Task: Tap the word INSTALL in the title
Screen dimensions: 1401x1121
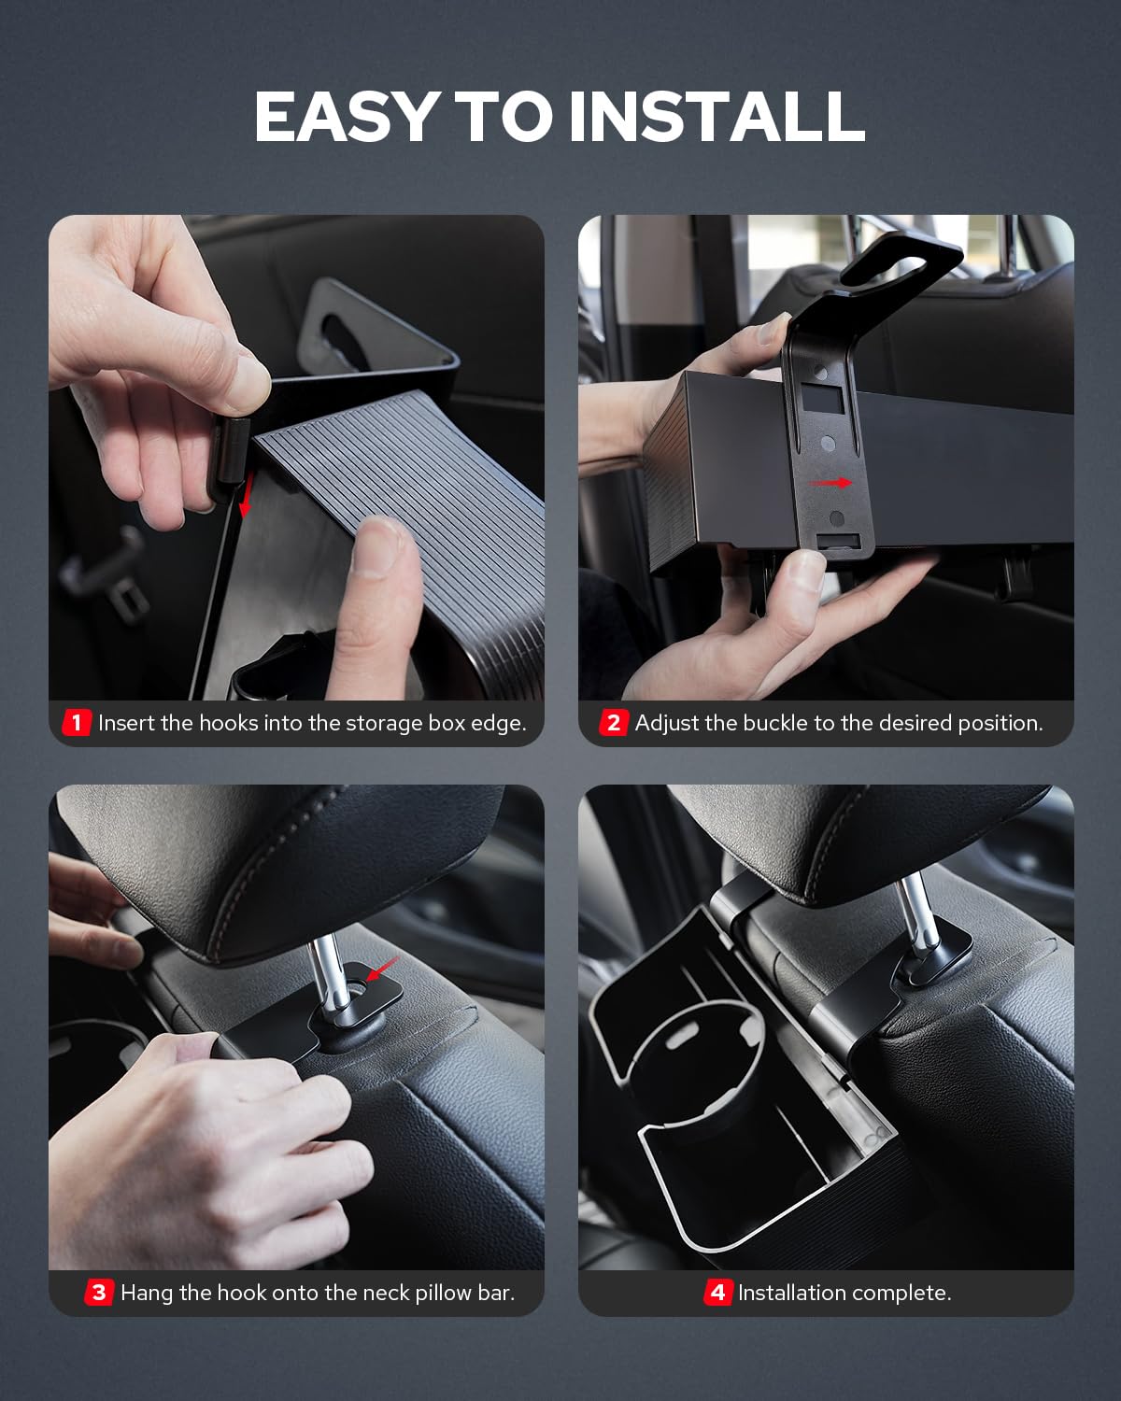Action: (717, 117)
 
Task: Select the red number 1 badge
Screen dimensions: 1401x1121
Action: (77, 723)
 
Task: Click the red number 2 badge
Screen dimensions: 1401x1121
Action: (613, 723)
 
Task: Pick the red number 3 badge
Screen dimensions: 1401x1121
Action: (99, 1293)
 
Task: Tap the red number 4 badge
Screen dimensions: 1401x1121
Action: (717, 1293)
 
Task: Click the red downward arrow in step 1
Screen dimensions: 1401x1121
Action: (246, 496)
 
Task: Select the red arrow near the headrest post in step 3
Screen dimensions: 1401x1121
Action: (383, 969)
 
